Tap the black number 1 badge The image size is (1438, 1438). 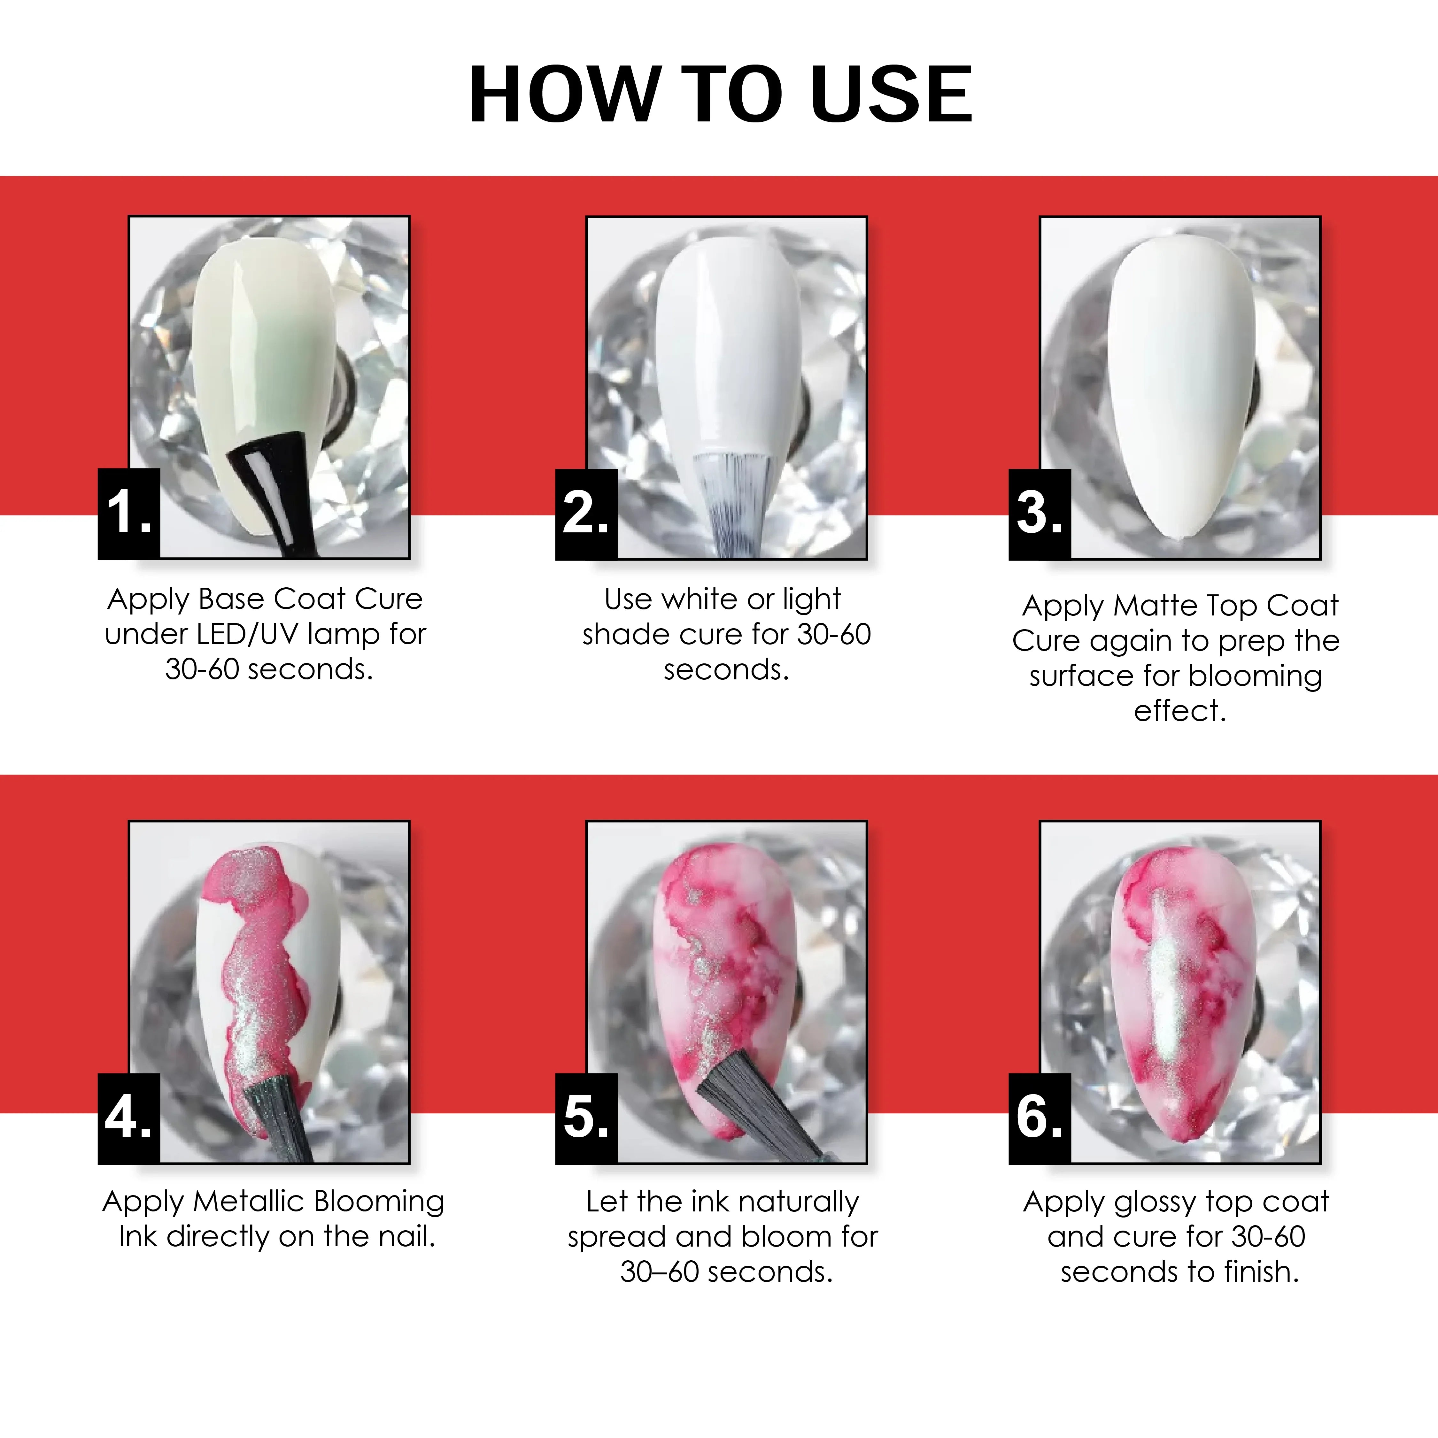[129, 514]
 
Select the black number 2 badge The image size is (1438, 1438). [586, 514]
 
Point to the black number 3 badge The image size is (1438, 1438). [1040, 514]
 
